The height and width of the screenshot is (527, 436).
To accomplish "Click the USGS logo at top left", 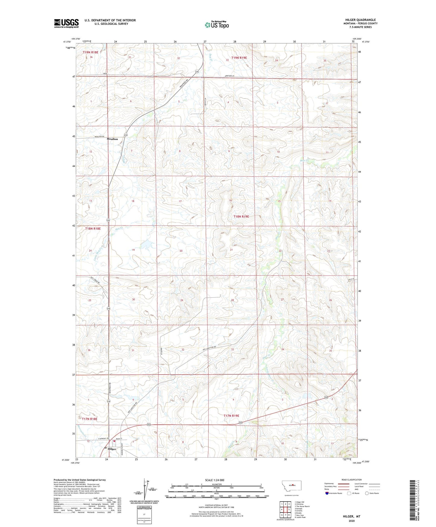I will point(66,23).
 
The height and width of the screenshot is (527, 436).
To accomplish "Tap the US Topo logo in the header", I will point(217,25).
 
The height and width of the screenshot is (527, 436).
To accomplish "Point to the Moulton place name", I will point(112,139).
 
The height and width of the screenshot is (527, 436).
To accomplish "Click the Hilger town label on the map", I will point(112,449).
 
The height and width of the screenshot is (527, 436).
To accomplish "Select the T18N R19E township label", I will point(241,216).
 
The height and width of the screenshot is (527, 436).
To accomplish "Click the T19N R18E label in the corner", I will point(91,53).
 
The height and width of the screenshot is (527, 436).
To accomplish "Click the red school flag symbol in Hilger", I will point(114,441).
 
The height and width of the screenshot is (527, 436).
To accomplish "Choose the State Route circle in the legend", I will point(367,493).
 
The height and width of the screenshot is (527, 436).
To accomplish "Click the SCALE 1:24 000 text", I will point(215,480).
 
